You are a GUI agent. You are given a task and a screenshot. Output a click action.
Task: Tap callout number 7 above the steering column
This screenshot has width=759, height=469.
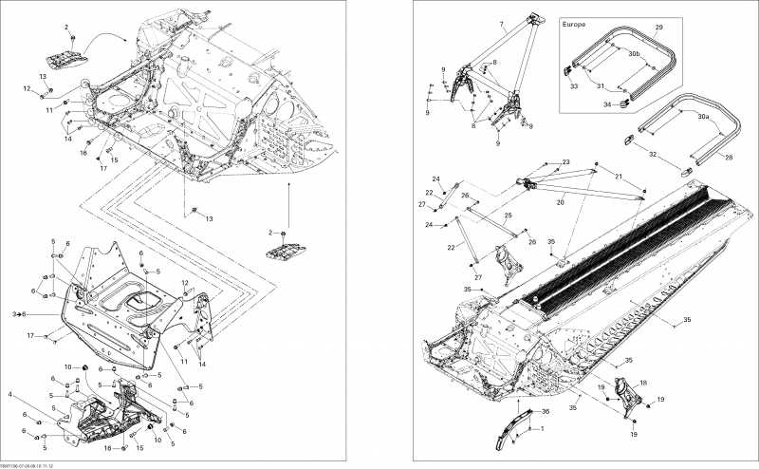point(501,22)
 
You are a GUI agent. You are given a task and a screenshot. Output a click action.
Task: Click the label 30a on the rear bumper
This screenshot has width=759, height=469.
point(702,115)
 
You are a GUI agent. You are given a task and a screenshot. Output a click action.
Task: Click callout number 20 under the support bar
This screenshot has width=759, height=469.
point(560,202)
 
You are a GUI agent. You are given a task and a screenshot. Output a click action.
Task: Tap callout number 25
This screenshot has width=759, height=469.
point(509,216)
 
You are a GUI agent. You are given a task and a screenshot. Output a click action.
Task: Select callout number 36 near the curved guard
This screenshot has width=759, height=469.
point(545,412)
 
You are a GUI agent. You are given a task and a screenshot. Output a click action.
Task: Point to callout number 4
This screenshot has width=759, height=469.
point(10,394)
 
